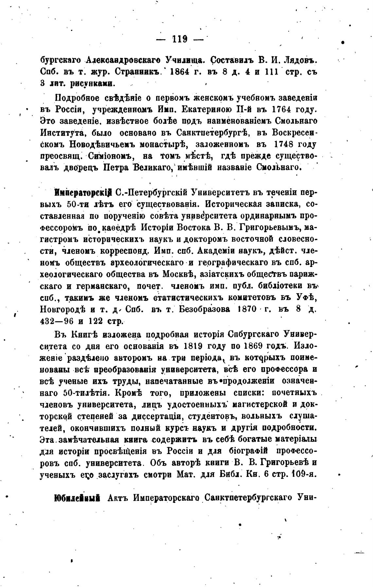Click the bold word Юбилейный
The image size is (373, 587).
pos(77,498)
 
